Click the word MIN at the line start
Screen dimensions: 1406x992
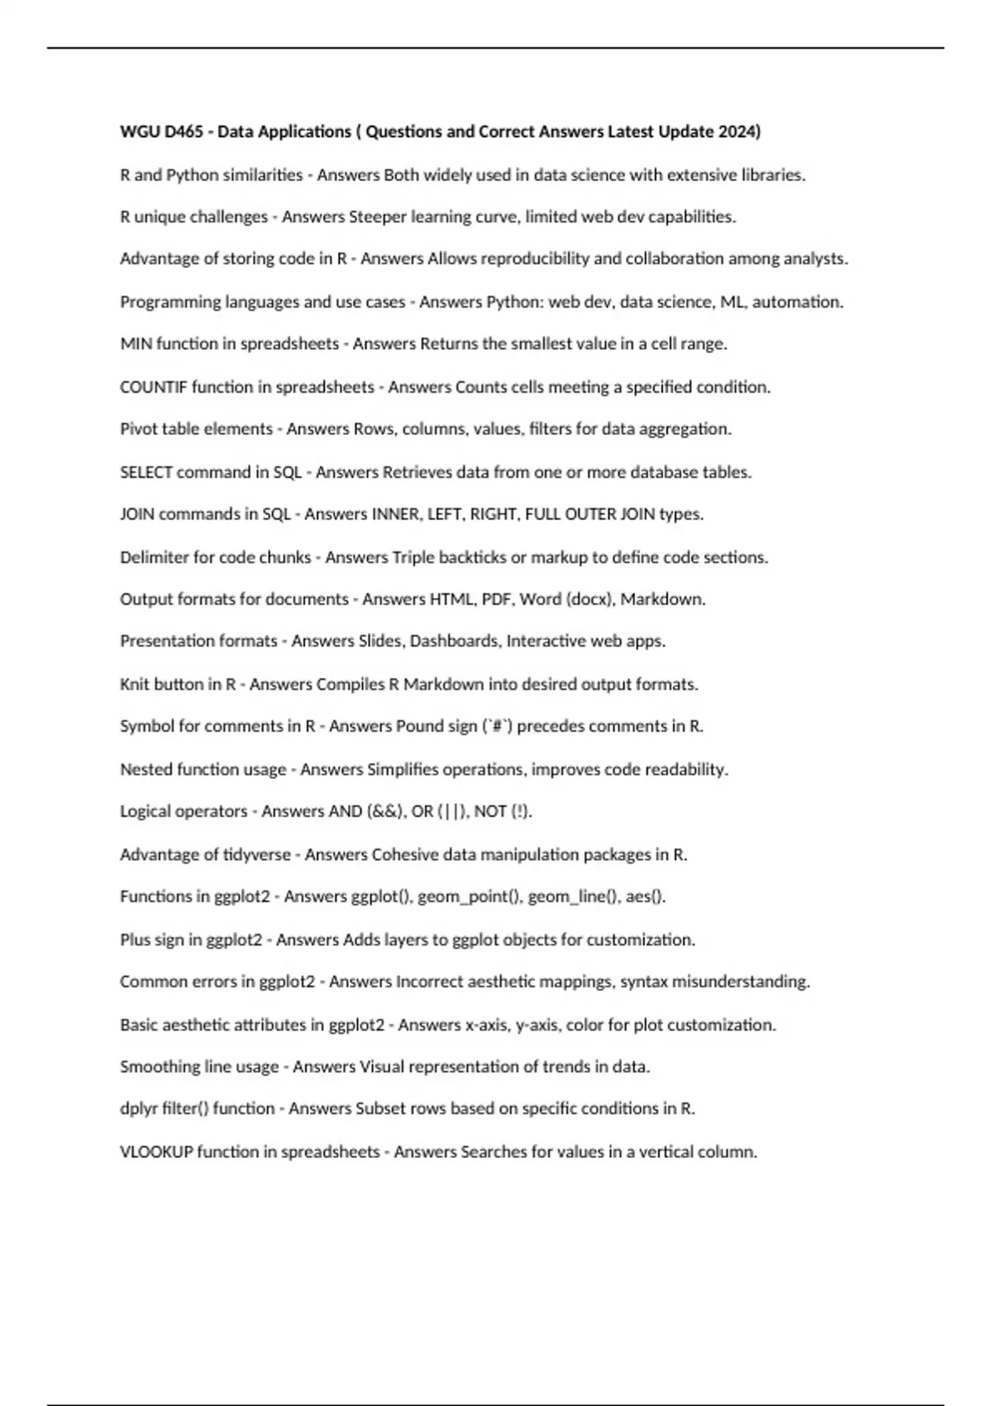[136, 344]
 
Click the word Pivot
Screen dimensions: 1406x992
[138, 429]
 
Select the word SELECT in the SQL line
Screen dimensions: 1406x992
[145, 472]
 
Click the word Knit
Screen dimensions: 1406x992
[135, 685]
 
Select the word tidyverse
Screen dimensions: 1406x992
[257, 855]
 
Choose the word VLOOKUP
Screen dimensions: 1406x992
[156, 1152]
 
